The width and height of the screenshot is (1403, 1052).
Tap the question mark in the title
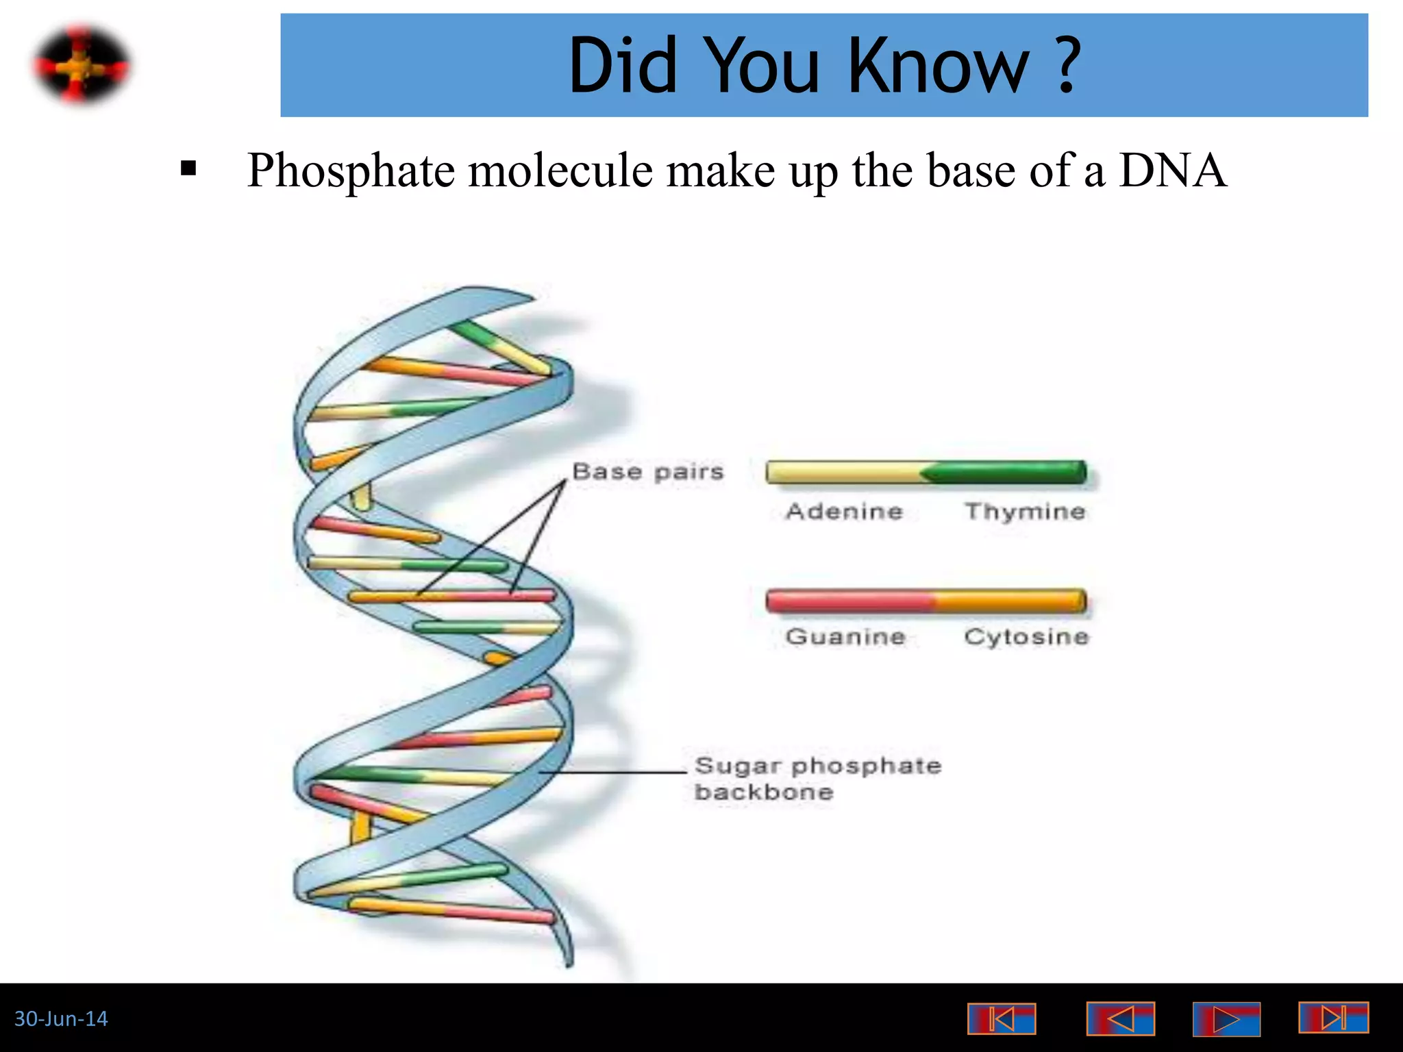(1067, 66)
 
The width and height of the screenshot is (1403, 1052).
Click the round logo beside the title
(82, 66)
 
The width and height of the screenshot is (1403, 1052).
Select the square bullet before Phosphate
(188, 168)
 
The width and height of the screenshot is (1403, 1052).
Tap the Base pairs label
(647, 472)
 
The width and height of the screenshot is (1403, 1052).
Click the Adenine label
(844, 512)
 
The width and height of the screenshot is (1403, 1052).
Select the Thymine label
(1025, 512)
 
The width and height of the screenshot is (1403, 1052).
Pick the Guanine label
(845, 637)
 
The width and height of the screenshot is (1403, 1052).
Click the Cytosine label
(1026, 637)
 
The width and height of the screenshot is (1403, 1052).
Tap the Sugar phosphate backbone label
(817, 778)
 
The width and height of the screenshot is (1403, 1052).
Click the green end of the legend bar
(1014, 473)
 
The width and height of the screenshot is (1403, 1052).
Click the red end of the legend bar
(843, 601)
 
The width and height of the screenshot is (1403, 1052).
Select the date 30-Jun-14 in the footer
(61, 1019)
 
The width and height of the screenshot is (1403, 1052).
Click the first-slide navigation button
(1001, 1019)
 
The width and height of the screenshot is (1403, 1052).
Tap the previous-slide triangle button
(1120, 1019)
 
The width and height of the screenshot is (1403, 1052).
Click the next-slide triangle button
(1226, 1019)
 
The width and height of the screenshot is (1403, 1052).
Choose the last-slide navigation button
(1332, 1018)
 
